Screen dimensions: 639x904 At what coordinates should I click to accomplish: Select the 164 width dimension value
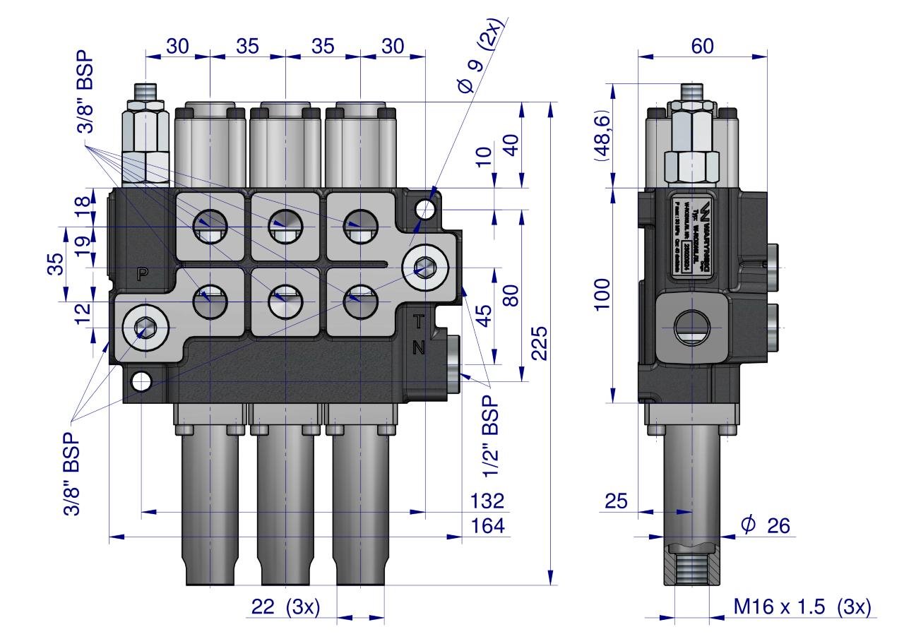click(x=487, y=526)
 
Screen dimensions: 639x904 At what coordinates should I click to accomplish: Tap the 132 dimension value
click(x=487, y=501)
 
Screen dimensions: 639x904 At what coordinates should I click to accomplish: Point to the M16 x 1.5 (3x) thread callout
click(x=802, y=607)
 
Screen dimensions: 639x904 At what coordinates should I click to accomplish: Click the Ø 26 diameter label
click(x=765, y=525)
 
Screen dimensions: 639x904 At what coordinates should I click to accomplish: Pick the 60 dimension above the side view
click(x=702, y=46)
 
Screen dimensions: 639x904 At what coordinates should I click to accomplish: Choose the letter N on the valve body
click(x=419, y=347)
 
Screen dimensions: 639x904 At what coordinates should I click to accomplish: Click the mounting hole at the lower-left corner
click(x=141, y=381)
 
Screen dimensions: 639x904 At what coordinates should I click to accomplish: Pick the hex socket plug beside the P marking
click(x=146, y=327)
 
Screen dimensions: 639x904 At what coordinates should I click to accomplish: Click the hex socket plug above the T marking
click(x=425, y=267)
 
